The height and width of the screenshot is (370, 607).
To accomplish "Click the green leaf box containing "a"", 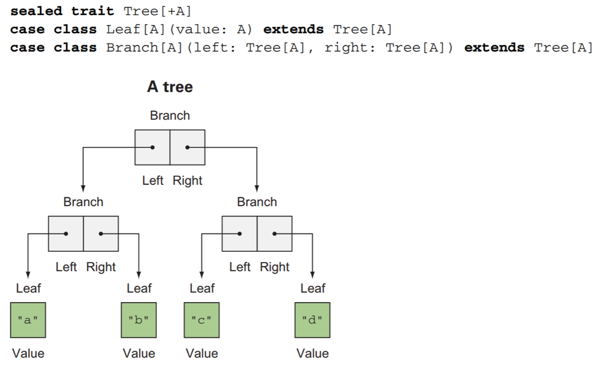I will [28, 320].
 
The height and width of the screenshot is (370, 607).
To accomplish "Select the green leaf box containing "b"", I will [138, 320].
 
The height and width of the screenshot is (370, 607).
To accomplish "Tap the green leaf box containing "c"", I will [202, 320].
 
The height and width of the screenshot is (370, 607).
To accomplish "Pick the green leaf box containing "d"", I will [312, 320].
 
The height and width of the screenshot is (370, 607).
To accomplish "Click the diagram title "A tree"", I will [170, 87].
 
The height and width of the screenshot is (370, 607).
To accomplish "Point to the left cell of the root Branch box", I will [153, 148].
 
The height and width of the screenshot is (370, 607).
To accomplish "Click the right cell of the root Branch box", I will [187, 148].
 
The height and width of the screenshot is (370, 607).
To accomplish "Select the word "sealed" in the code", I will [36, 11].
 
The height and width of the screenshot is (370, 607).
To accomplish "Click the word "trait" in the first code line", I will [93, 11].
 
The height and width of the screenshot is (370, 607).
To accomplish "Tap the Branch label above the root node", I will [170, 115].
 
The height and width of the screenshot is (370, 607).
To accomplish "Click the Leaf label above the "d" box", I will [313, 288].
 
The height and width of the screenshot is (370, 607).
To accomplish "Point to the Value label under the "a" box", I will [28, 353].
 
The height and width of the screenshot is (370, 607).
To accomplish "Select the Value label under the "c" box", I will [202, 353].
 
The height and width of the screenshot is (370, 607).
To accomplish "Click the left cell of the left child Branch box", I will [66, 234].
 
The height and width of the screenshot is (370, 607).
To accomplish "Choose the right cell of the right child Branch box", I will [275, 234].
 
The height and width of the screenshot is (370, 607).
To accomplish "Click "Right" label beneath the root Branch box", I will [187, 181].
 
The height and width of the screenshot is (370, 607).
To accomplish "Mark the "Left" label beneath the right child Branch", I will [240, 267].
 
